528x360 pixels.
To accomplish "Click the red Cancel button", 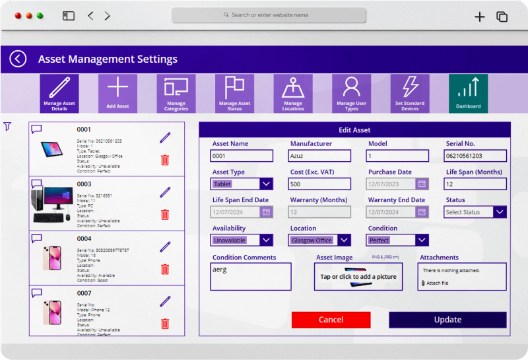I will [x=331, y=320].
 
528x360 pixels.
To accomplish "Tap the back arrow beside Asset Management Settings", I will [x=18, y=59].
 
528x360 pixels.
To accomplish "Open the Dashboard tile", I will [x=468, y=94].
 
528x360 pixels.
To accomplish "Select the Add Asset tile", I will [x=117, y=94].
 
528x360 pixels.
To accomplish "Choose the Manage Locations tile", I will [x=293, y=94].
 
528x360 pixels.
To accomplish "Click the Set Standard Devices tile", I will [x=410, y=94].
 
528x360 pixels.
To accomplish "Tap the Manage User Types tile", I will [x=351, y=94].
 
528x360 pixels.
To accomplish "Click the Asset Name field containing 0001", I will [x=242, y=157].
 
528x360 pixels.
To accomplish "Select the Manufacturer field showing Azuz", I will [x=319, y=157].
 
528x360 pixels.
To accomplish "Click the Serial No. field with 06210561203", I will [x=475, y=157].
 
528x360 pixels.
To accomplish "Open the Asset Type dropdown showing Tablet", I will [x=242, y=184].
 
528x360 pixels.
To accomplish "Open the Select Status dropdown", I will [x=475, y=212].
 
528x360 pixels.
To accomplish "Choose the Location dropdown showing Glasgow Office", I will [x=319, y=240].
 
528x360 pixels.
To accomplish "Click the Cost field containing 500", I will [x=319, y=184].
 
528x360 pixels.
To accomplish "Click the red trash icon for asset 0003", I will [x=165, y=215].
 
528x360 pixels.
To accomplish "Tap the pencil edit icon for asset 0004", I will [x=165, y=246].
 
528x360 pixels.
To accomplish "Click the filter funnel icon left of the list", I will [x=7, y=126].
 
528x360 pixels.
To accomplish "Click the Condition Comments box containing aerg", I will [x=250, y=277].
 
